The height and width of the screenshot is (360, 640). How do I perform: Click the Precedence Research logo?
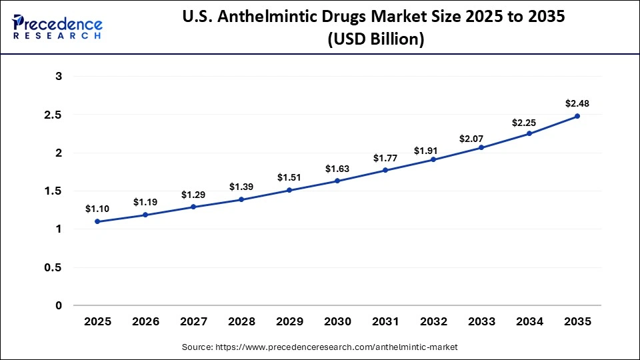(57, 26)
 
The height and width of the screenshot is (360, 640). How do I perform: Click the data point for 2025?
(97, 221)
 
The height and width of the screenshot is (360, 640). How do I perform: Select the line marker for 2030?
(337, 181)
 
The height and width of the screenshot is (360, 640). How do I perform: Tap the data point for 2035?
(577, 116)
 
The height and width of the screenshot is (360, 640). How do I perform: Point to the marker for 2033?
(481, 147)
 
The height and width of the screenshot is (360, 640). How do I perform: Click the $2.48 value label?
(577, 103)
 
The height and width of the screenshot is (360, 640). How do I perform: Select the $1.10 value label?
(97, 209)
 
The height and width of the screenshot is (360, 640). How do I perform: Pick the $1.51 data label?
(289, 177)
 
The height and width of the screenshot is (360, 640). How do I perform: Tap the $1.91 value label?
(433, 150)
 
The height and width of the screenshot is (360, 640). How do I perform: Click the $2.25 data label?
(529, 123)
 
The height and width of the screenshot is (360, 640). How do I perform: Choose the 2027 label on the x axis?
(193, 322)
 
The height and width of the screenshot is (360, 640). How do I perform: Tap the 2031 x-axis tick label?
(385, 322)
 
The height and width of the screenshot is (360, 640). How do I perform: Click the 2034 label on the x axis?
(529, 322)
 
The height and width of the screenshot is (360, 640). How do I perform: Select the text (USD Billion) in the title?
(375, 39)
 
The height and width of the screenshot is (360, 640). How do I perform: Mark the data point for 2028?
(241, 199)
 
